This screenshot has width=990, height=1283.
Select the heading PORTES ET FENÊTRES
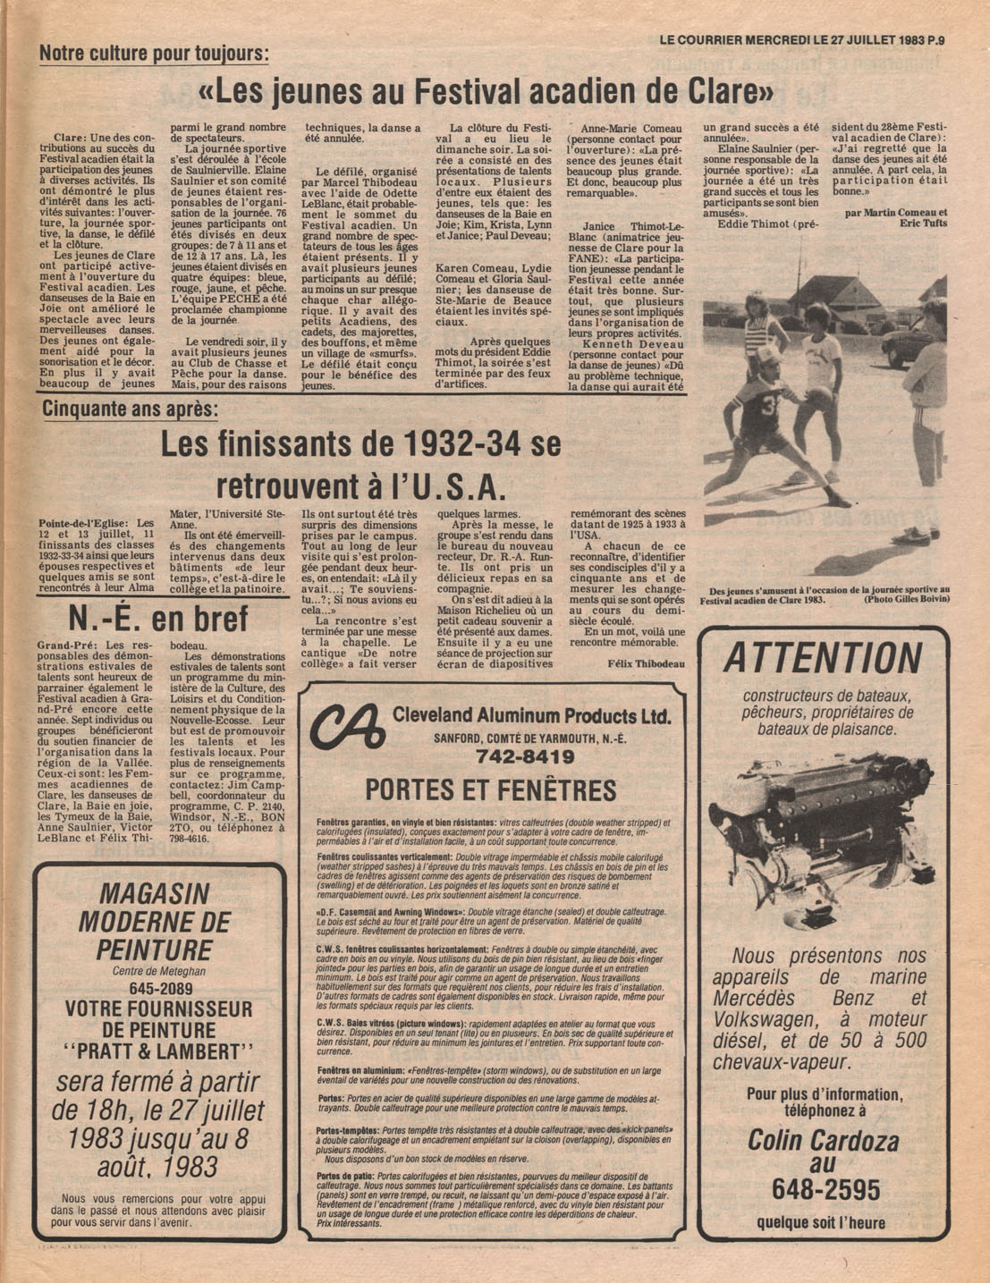pos(490,790)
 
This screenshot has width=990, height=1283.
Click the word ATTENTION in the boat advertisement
pos(822,659)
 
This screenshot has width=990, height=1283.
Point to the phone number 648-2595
pos(822,1190)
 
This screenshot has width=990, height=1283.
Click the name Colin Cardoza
pos(823,1140)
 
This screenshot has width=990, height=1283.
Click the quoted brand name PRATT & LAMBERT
pos(159,1051)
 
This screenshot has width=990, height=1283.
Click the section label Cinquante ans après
pos(130,409)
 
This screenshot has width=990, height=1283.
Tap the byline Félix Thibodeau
pos(646,663)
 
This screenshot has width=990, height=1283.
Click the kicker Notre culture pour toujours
pos(153,53)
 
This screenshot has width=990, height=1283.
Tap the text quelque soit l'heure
pos(821,1223)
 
